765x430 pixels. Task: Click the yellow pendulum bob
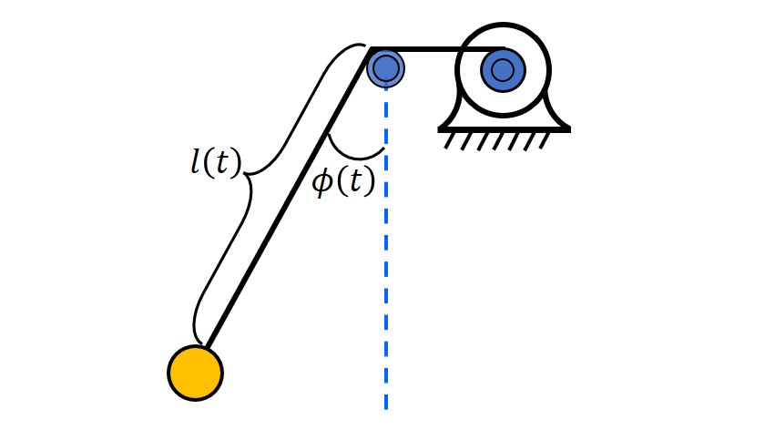click(x=195, y=373)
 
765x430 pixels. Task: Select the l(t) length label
click(x=216, y=163)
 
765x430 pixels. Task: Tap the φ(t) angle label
click(x=343, y=181)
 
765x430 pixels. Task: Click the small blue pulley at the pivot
click(x=386, y=67)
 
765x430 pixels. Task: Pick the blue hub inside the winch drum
click(x=503, y=69)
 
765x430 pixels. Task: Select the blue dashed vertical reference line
click(x=386, y=273)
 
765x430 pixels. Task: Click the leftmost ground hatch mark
click(x=449, y=141)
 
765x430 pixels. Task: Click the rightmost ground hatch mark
click(x=542, y=141)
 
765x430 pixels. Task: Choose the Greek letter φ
click(x=322, y=182)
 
